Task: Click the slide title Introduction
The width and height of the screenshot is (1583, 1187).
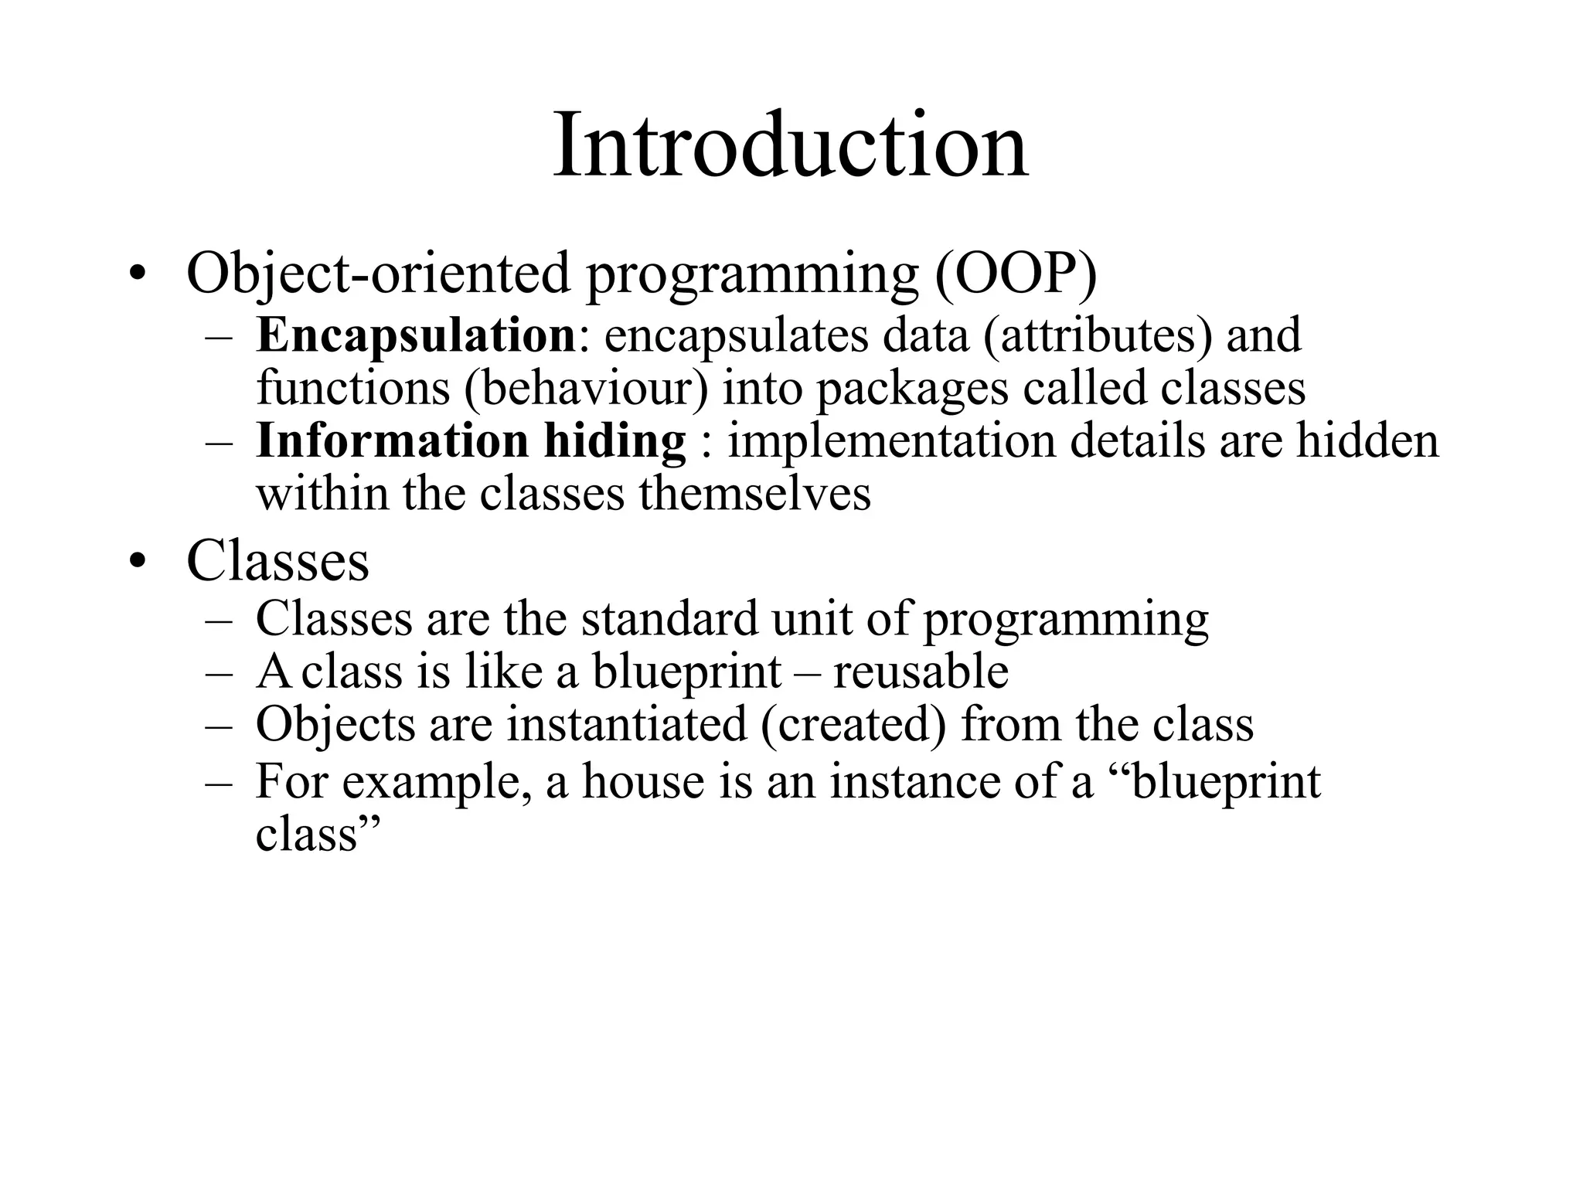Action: tap(791, 145)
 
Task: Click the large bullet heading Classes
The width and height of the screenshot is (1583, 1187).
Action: tap(277, 560)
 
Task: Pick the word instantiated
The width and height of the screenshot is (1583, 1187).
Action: tap(627, 724)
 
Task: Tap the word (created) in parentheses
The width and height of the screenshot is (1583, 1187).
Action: tap(853, 725)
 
